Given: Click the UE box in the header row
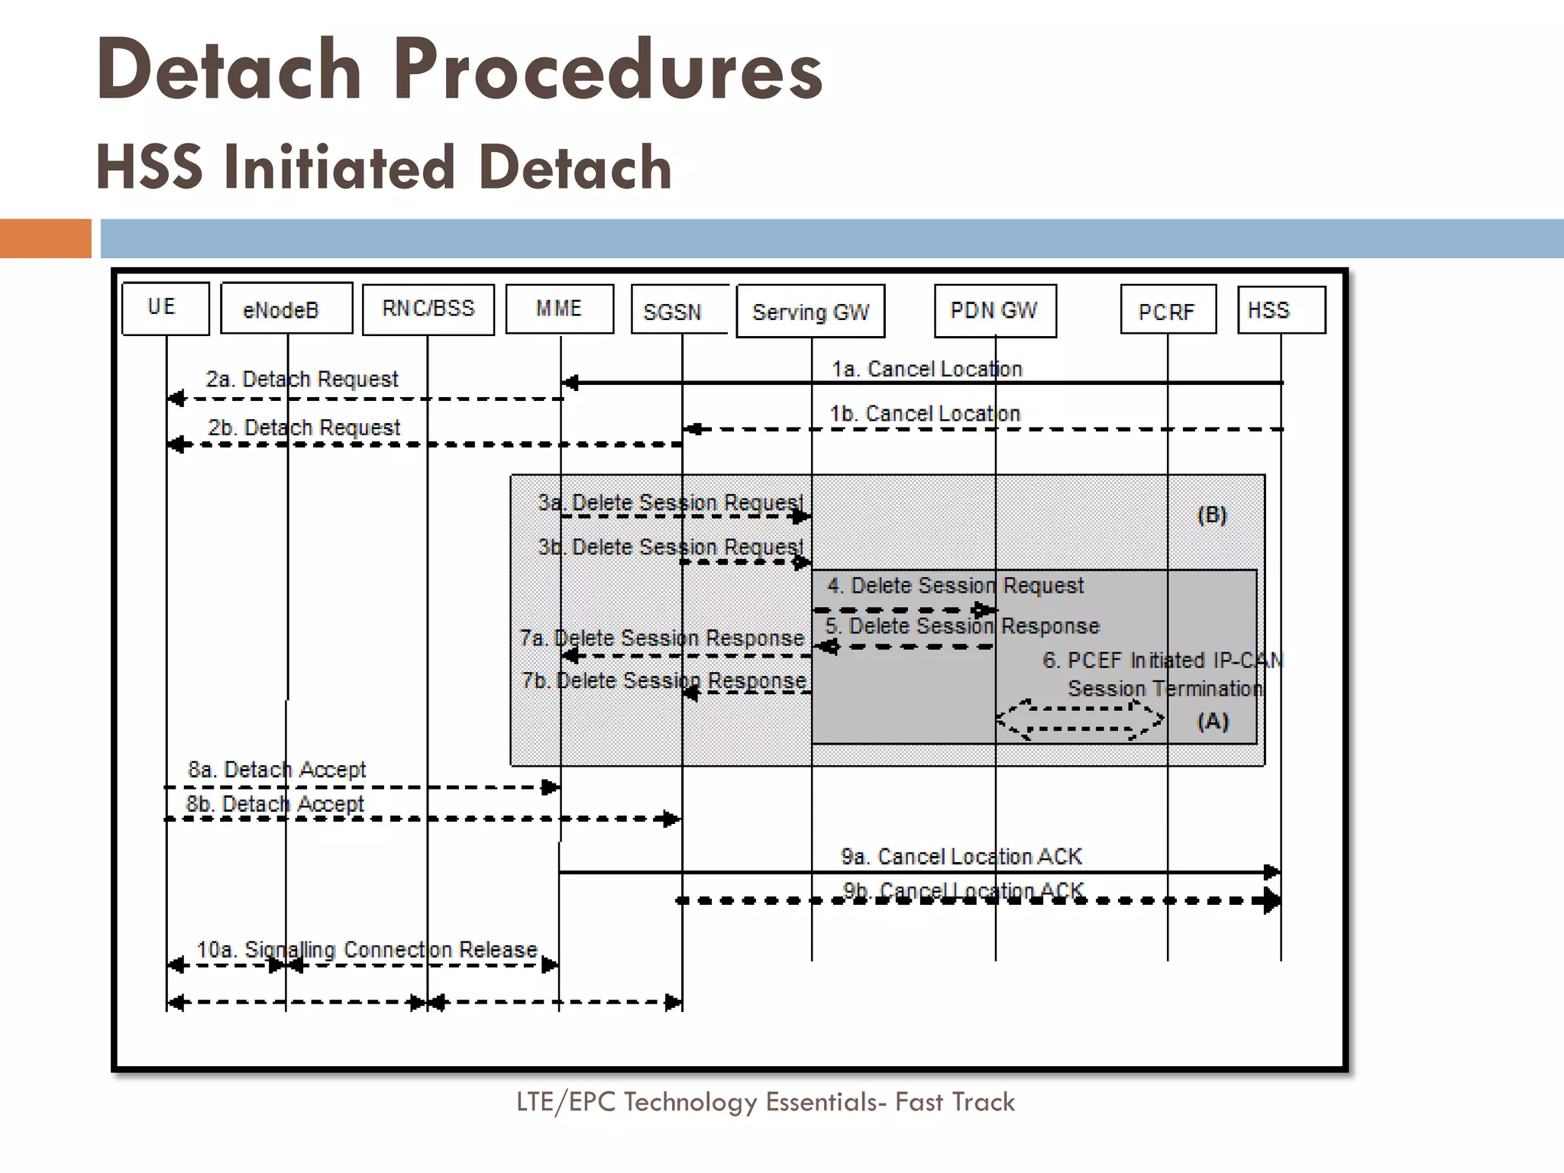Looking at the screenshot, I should point(165,309).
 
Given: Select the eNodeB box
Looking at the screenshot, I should point(286,309).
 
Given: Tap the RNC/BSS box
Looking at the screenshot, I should point(428,309).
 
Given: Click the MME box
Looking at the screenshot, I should point(559,309).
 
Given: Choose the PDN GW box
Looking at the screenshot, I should point(994,311).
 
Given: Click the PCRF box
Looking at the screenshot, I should point(1167,311).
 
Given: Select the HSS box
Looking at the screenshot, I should point(1281,310).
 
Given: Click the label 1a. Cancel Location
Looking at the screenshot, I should point(926,370).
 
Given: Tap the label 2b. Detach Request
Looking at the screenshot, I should point(304,428).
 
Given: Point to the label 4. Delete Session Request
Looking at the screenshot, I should point(955,586).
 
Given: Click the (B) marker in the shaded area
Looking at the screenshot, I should point(1212,515).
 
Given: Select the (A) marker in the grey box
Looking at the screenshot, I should point(1213,722).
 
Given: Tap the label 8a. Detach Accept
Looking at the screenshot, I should point(277,770).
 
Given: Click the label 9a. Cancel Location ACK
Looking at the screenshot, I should point(961,857).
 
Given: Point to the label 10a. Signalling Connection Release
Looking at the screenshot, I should point(367,950).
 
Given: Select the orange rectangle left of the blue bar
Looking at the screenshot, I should point(45,238).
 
